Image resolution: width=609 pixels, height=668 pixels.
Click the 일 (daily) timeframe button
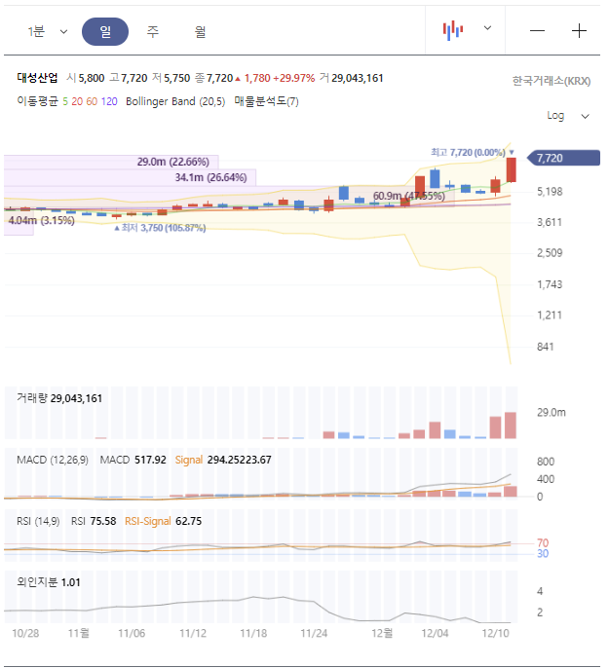(x=105, y=31)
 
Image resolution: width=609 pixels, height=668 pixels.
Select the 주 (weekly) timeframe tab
(x=153, y=31)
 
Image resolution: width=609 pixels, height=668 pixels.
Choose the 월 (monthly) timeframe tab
(x=200, y=31)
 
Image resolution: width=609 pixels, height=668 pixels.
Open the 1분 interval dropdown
(x=47, y=31)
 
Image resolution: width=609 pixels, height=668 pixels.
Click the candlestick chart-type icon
(x=453, y=30)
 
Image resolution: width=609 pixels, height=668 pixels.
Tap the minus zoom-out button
(x=537, y=30)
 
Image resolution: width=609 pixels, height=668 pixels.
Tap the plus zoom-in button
(x=579, y=30)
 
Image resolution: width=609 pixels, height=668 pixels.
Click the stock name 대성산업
(x=38, y=78)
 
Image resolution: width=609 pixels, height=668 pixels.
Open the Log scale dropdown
(x=568, y=116)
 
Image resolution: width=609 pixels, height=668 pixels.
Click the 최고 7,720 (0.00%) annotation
(x=468, y=152)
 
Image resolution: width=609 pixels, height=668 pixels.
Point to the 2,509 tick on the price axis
(x=551, y=253)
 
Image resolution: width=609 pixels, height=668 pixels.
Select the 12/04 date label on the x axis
(x=436, y=633)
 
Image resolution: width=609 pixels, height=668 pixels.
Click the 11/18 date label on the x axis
(x=253, y=633)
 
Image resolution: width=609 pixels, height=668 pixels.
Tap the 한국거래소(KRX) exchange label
(x=552, y=81)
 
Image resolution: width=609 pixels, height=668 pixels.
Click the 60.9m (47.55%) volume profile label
(x=408, y=196)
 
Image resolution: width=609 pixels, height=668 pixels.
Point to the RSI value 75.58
(x=103, y=521)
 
